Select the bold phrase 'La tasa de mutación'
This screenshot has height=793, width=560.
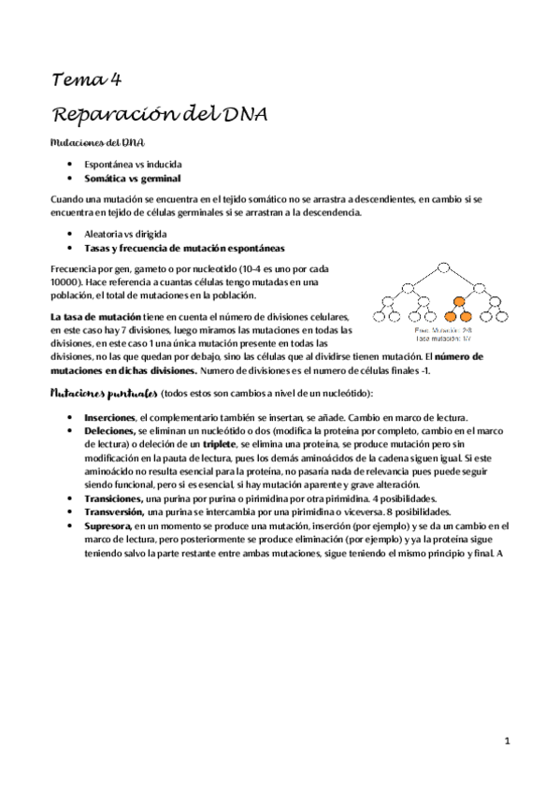coord(90,318)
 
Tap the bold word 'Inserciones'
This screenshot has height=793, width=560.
coord(108,416)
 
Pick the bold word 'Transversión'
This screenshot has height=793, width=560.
coord(114,512)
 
